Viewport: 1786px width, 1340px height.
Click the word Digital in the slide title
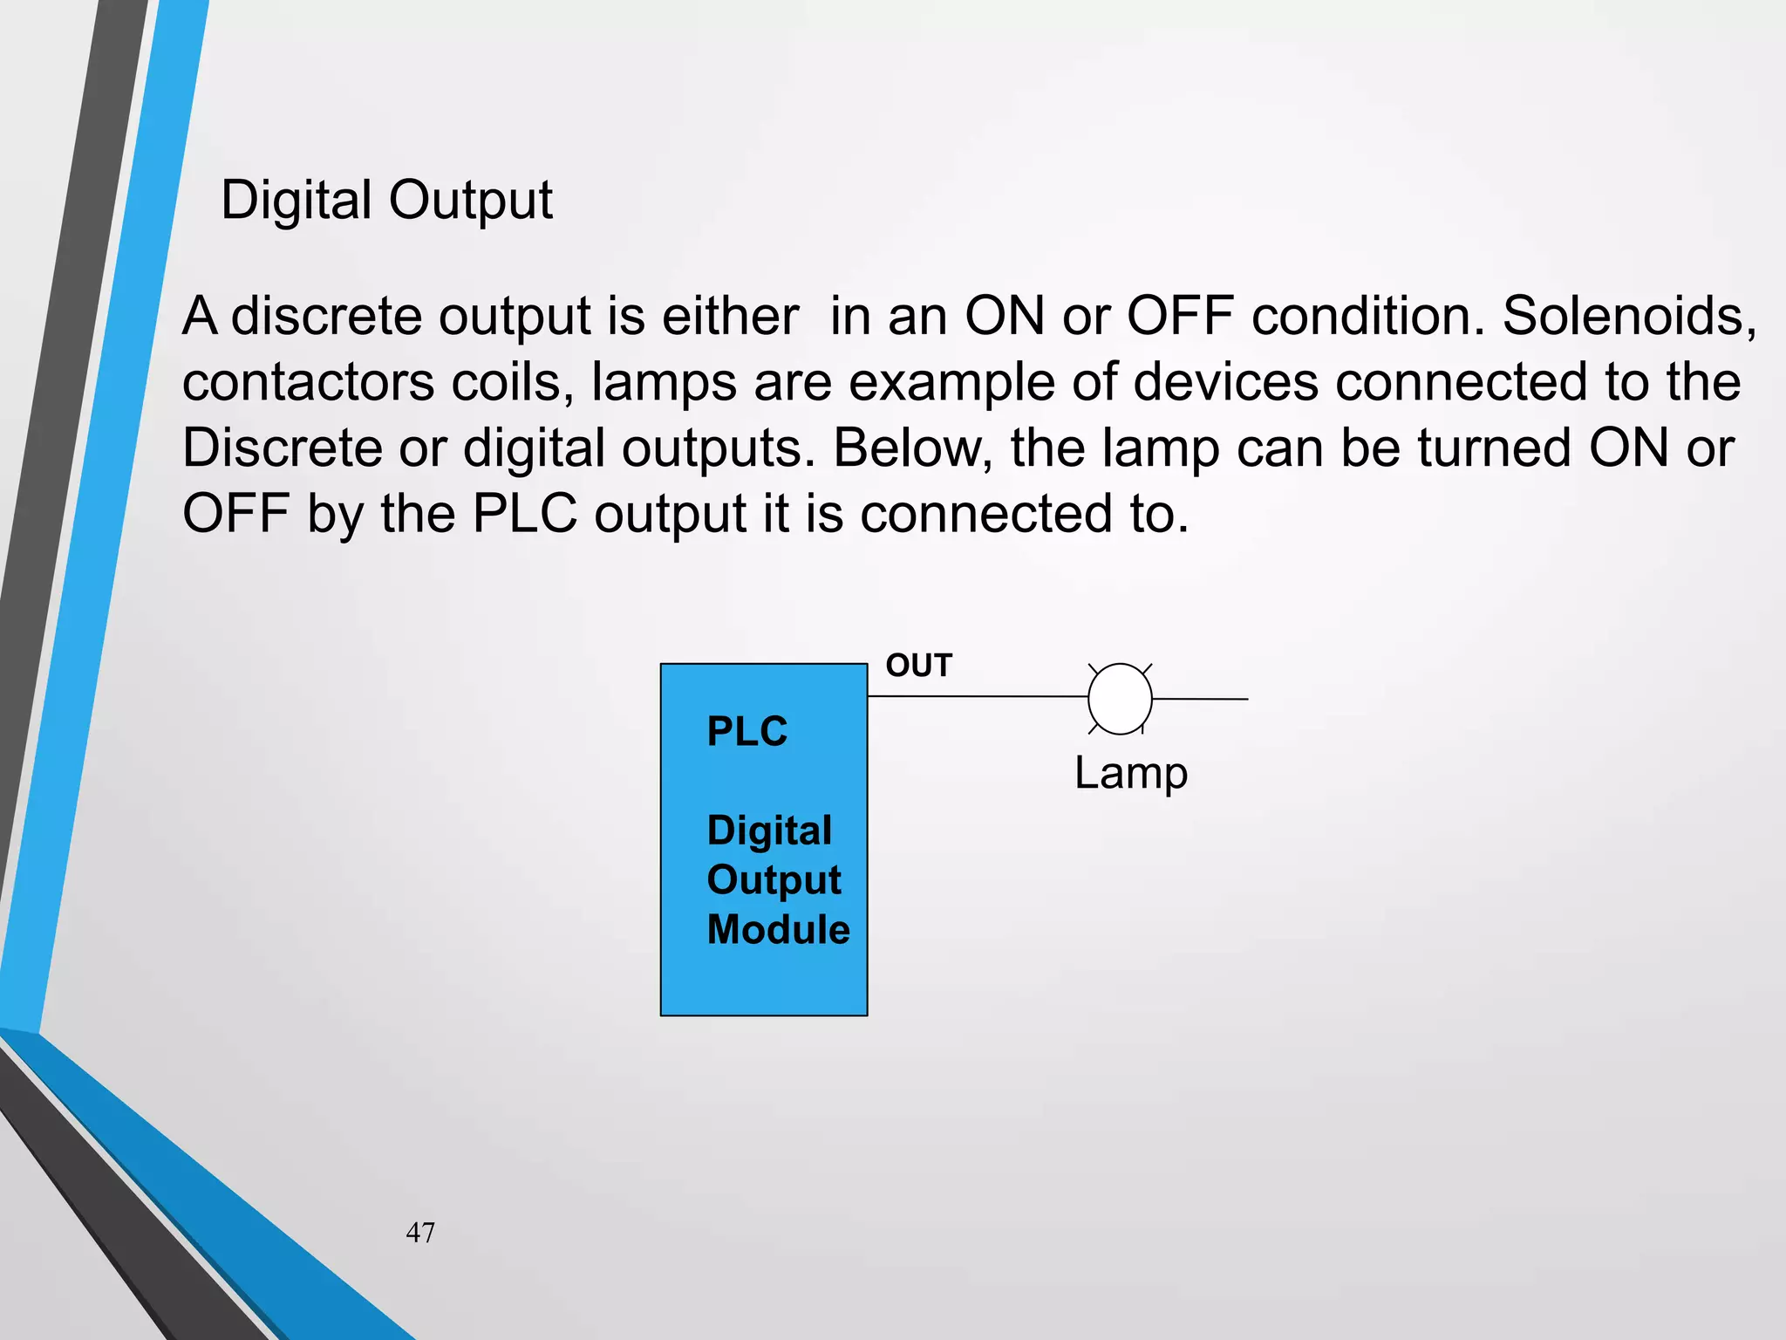point(297,202)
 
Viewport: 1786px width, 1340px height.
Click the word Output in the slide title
point(470,202)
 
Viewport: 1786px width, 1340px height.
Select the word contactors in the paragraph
point(308,382)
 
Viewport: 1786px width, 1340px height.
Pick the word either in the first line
point(730,316)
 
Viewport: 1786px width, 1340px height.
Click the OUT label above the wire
point(918,666)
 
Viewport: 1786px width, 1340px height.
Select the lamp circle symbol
point(1120,699)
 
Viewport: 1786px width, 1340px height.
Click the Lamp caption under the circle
point(1130,773)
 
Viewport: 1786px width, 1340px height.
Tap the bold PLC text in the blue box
point(746,731)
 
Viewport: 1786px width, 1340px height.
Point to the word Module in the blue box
point(778,929)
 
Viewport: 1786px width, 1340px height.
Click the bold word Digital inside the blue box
point(769,831)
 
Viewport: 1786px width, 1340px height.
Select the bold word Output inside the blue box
point(774,880)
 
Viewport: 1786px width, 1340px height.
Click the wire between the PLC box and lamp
point(977,697)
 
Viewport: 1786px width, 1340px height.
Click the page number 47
point(420,1233)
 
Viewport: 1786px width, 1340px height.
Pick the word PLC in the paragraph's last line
point(524,514)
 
